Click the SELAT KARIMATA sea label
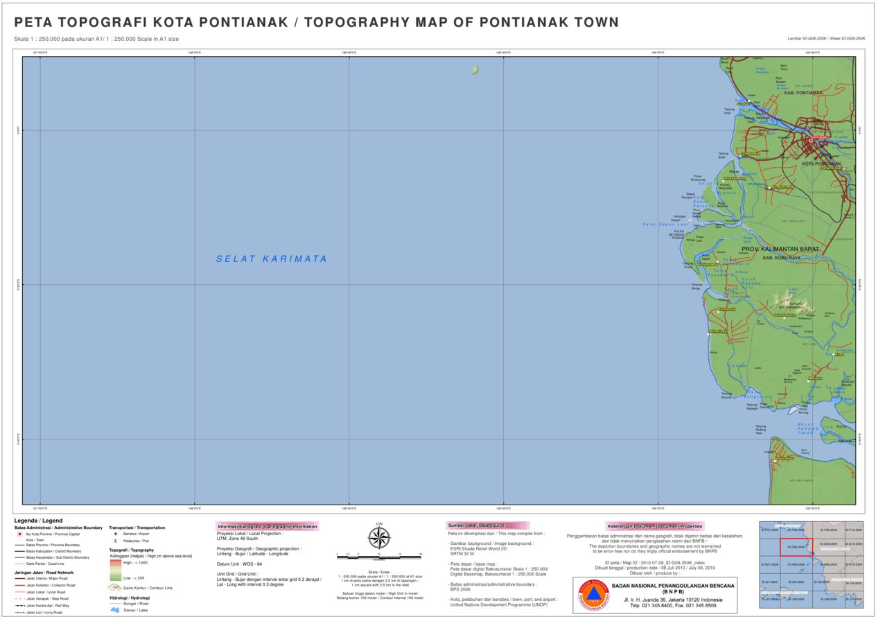[271, 259]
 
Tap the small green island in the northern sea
[475, 70]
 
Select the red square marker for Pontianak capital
[810, 140]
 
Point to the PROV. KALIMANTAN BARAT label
[780, 249]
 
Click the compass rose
[379, 538]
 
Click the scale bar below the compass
[379, 555]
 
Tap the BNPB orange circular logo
[591, 595]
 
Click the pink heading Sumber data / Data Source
[487, 525]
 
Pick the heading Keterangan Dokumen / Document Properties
[655, 525]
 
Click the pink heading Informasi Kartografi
[268, 526]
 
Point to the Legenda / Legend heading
[38, 521]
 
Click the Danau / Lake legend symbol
[115, 610]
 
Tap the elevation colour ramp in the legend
[115, 570]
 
